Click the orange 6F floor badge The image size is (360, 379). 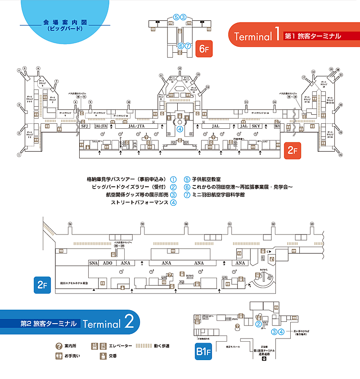tap(203, 48)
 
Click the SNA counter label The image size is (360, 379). tap(93, 263)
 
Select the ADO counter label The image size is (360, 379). tap(108, 263)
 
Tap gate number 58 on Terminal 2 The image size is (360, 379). tap(70, 224)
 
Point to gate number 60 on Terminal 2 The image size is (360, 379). tap(186, 224)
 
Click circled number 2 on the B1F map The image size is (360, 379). tap(259, 323)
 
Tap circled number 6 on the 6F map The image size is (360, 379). tap(180, 45)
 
